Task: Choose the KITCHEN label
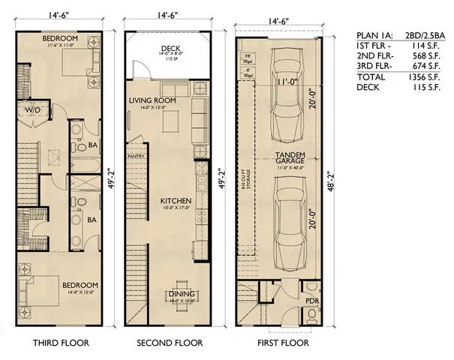176,202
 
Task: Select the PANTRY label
136,157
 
